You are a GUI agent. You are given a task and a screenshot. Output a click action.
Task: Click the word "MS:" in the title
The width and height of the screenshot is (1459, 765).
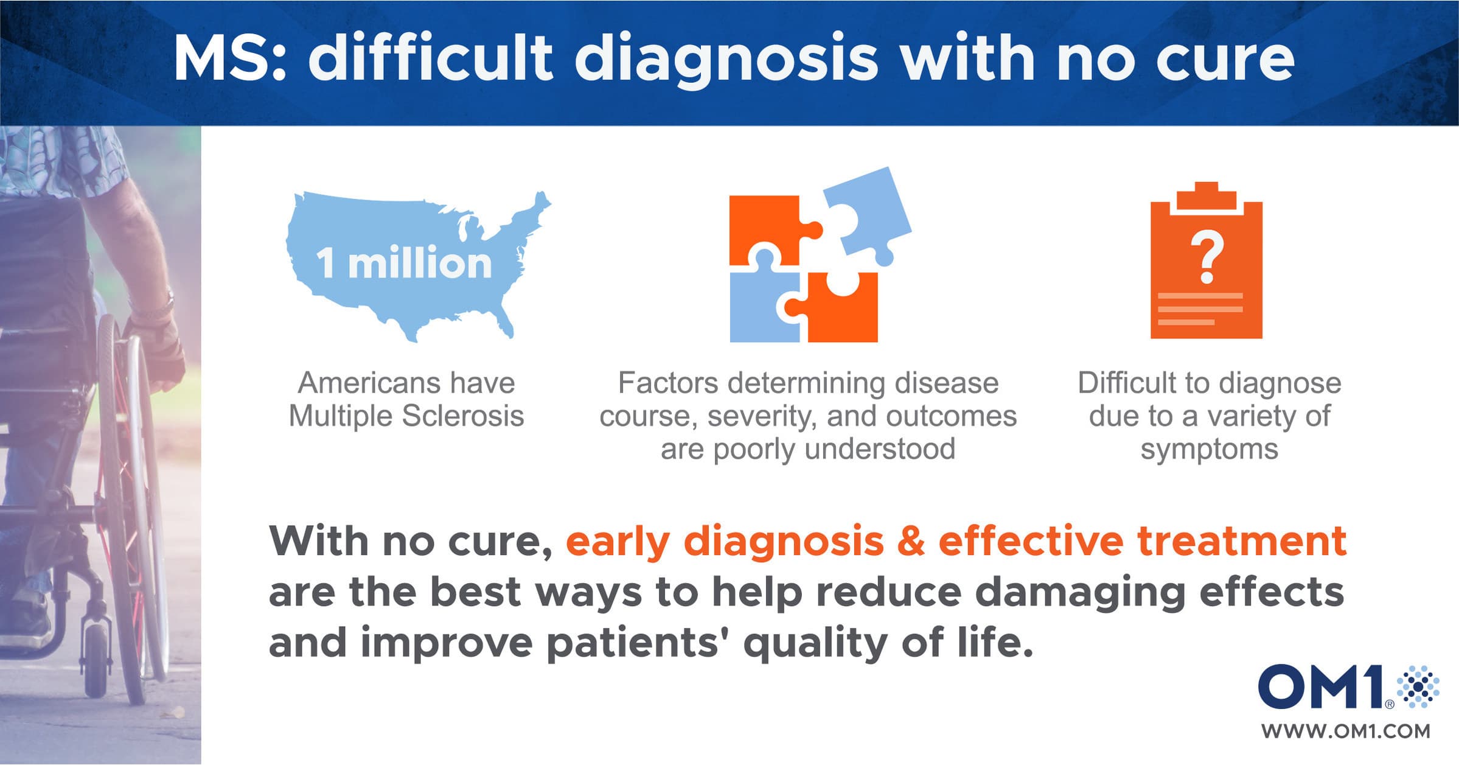230,58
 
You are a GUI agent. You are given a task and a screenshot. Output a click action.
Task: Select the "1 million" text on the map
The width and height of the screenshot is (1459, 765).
403,263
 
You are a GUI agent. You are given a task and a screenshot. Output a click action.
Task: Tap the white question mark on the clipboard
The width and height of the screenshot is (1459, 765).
1207,258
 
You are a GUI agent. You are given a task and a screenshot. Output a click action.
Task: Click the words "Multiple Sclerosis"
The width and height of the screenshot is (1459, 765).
406,416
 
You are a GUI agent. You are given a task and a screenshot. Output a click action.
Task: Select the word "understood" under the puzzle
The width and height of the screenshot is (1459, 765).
880,449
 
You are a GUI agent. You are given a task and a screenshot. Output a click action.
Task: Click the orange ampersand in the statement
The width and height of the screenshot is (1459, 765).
911,540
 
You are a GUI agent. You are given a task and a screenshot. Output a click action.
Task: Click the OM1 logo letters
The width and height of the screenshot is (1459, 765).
1321,686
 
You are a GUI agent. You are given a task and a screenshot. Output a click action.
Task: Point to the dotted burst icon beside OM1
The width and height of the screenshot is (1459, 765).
1418,686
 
